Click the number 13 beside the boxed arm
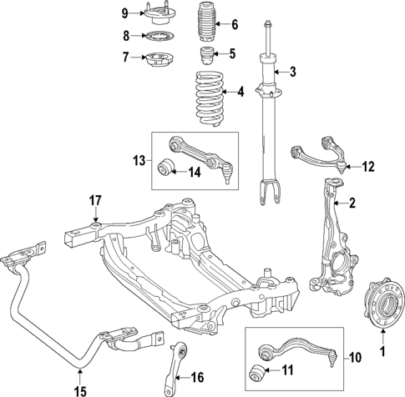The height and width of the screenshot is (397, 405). click(139, 159)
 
